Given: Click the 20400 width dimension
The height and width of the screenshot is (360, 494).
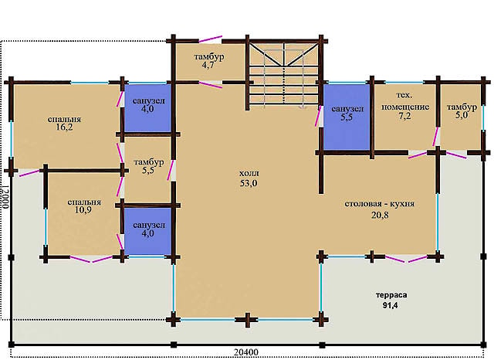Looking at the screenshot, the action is tap(246, 352).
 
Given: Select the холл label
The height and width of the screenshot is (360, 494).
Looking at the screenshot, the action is tap(249, 173).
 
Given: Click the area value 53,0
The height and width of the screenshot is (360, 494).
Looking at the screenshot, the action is tap(249, 183).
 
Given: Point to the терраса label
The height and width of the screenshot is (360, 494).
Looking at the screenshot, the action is tap(391, 295).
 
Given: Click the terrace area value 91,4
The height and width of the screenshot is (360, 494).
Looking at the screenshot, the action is tap(390, 305).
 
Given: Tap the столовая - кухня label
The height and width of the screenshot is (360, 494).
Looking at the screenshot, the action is tap(379, 204).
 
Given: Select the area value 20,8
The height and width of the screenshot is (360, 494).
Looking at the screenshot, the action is tap(380, 215).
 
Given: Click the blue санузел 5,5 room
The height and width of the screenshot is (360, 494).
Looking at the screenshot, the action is tap(347, 117).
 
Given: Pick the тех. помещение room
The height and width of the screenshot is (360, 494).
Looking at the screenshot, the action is tap(405, 117).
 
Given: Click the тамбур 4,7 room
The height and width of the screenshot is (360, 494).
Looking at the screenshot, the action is tap(209, 62).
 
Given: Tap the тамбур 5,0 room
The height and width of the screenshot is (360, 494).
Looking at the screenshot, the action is tap(460, 117).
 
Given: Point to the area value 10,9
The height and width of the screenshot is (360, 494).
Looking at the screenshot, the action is tap(83, 210).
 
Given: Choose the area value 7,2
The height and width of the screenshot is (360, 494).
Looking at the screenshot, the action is tap(404, 117).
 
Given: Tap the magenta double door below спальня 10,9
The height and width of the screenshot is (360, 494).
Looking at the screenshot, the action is tap(91, 260).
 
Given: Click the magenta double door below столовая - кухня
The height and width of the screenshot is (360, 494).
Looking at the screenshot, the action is tap(407, 259).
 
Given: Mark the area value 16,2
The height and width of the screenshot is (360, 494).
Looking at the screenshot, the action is tap(64, 127).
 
